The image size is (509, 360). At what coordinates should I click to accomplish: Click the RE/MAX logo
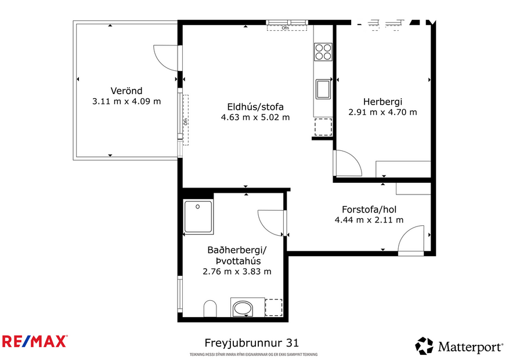pyautogui.click(x=35, y=341)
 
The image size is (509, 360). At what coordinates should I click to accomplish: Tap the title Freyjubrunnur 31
pyautogui.click(x=252, y=343)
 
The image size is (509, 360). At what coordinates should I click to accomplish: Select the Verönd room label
pyautogui.click(x=126, y=91)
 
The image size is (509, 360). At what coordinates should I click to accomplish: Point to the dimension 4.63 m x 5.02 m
pyautogui.click(x=255, y=117)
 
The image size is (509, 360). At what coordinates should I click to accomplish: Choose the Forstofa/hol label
pyautogui.click(x=369, y=210)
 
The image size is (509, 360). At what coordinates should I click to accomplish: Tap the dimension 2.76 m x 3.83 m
pyautogui.click(x=237, y=271)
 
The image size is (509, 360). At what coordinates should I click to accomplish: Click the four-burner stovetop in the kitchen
pyautogui.click(x=323, y=52)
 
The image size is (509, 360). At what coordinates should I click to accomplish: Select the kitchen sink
pyautogui.click(x=323, y=89)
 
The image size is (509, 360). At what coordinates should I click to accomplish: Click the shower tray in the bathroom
pyautogui.click(x=198, y=217)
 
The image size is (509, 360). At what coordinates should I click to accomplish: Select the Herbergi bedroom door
pyautogui.click(x=347, y=164)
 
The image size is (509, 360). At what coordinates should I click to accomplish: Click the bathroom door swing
pyautogui.click(x=271, y=221)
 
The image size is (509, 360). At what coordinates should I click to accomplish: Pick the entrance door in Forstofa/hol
pyautogui.click(x=412, y=240)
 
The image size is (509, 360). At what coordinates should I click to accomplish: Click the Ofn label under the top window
pyautogui.click(x=285, y=27)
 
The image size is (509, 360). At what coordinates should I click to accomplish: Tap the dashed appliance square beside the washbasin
pyautogui.click(x=273, y=307)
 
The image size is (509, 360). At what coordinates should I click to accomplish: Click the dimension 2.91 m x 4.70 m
pyautogui.click(x=382, y=112)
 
